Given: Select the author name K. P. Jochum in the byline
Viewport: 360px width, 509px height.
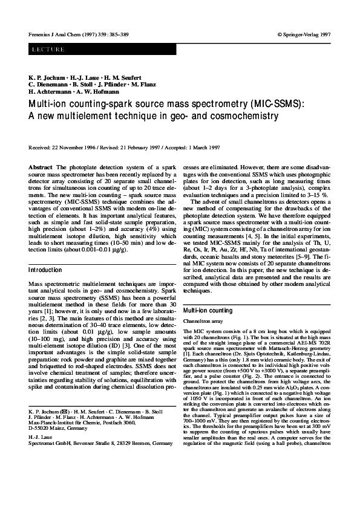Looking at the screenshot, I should tap(44, 79).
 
